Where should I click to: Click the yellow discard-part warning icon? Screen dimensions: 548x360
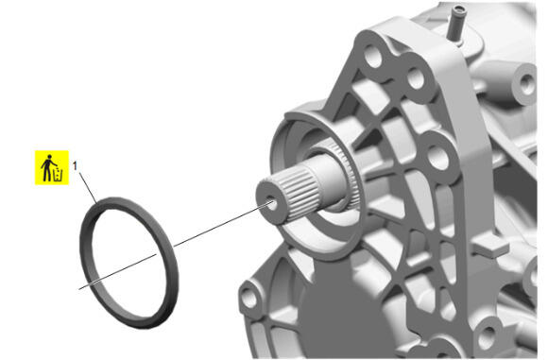52,167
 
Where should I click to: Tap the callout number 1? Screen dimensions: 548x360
75,166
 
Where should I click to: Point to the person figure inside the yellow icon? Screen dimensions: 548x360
47,168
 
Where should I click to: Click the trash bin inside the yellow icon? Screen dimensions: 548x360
58,175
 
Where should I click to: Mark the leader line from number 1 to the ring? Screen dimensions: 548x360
88,188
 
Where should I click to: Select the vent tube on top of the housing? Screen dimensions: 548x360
456,24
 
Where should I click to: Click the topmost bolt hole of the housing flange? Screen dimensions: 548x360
373,57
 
